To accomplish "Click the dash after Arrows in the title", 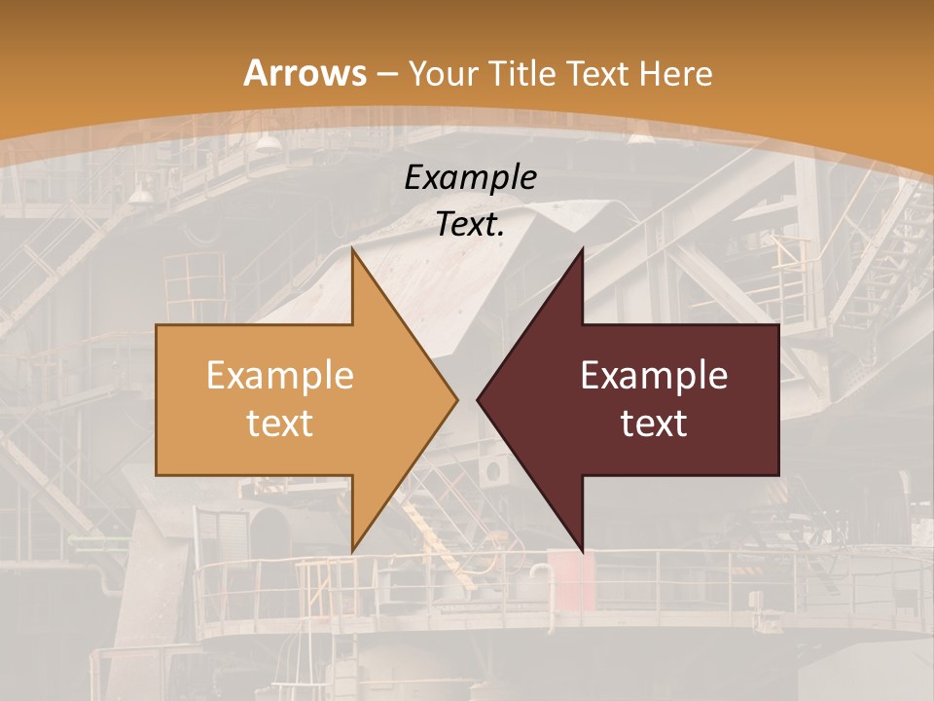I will [386, 74].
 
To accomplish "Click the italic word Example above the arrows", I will [470, 177].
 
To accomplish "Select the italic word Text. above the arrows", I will [470, 225].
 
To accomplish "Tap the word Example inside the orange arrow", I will [279, 375].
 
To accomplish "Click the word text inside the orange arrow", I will [279, 423].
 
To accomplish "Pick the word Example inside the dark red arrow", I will [654, 375].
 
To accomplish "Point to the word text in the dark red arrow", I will [654, 423].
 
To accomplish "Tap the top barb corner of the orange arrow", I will [353, 249].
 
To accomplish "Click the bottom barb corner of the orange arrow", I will [353, 550].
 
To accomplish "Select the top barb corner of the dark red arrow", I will [582, 249].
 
